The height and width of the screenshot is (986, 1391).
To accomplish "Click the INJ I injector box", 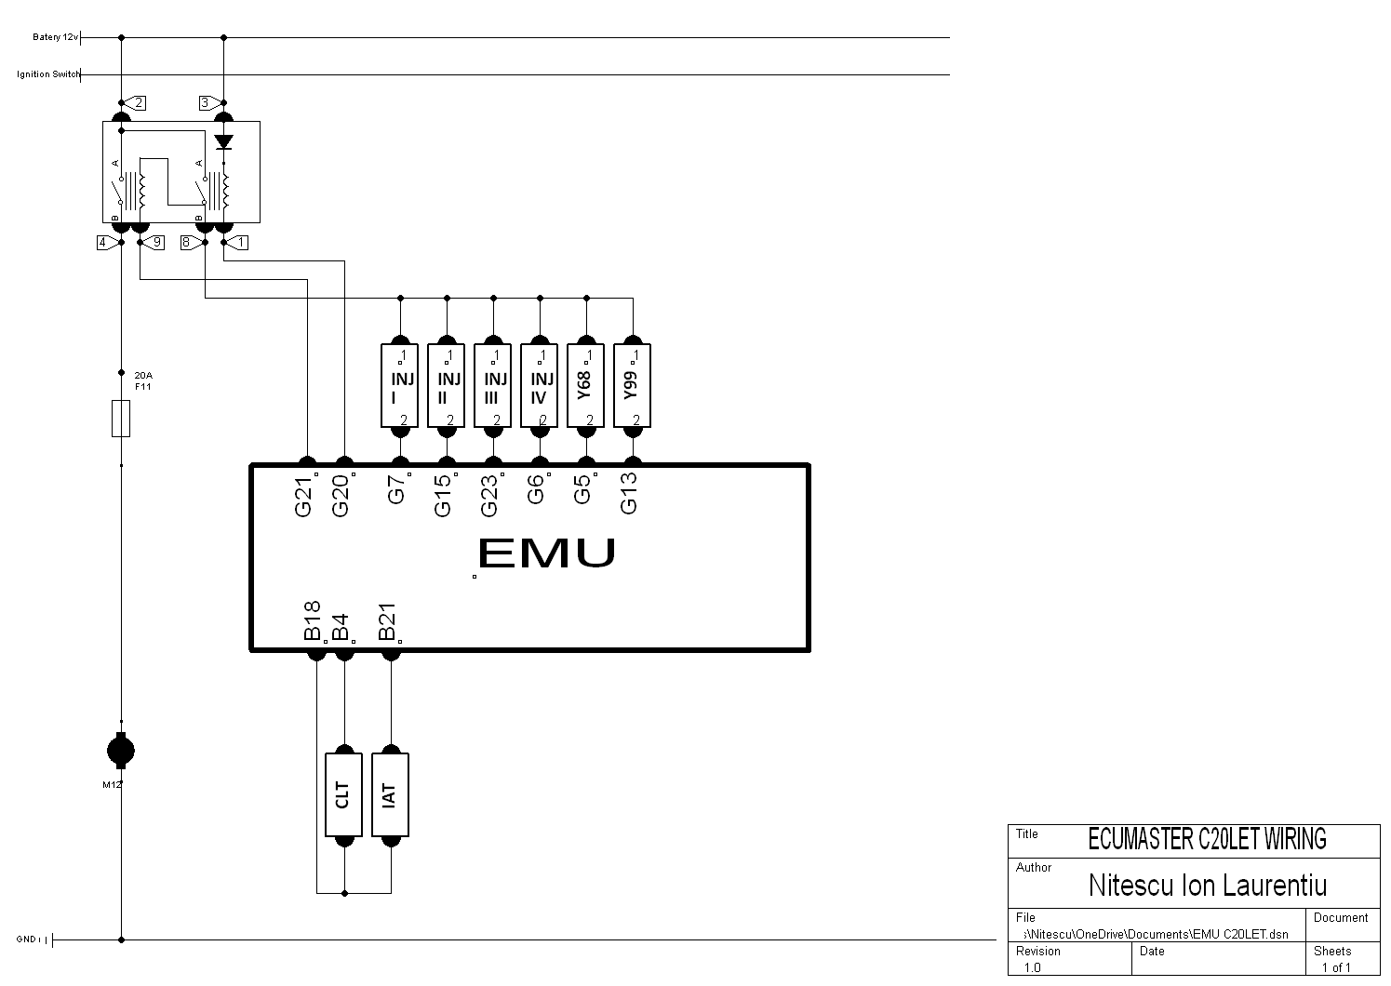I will click(x=399, y=386).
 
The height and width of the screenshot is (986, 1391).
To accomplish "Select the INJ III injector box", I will click(x=492, y=386).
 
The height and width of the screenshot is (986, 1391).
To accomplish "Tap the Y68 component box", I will click(x=585, y=386).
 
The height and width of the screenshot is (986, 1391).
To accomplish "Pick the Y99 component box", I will click(x=632, y=386).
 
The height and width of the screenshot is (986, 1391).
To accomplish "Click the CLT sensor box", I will click(x=343, y=794).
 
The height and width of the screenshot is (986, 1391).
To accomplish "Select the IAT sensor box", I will click(x=390, y=794).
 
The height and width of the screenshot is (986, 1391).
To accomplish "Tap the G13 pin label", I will click(x=629, y=494).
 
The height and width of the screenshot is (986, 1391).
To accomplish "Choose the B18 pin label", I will click(x=313, y=620).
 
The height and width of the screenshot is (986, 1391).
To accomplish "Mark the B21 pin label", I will click(x=387, y=620).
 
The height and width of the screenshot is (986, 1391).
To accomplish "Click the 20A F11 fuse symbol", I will click(x=120, y=419).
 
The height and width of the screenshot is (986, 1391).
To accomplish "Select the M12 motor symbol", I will click(x=120, y=750).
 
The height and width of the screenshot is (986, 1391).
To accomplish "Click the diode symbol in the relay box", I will click(x=223, y=142).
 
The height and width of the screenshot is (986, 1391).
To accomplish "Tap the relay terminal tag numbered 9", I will click(x=154, y=242).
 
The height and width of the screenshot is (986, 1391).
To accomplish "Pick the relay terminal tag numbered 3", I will click(x=207, y=102).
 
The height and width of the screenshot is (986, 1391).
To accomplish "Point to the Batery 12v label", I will click(x=56, y=37).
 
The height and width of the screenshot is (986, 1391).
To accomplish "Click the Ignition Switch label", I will click(x=48, y=74).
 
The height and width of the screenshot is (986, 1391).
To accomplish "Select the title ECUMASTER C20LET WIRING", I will click(x=1207, y=839).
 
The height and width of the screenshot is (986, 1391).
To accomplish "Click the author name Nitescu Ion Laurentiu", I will click(x=1207, y=885).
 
